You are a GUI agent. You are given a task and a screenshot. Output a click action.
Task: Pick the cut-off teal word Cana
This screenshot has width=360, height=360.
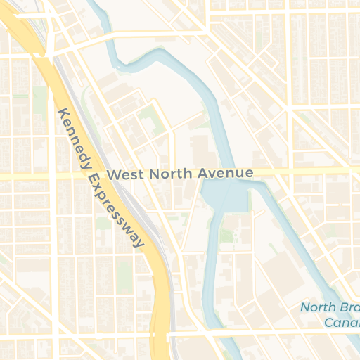(x=342, y=322)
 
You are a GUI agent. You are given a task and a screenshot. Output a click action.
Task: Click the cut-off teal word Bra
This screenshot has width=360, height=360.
(x=349, y=307)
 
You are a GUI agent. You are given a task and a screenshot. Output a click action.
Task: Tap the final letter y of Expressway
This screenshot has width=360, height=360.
(x=140, y=243)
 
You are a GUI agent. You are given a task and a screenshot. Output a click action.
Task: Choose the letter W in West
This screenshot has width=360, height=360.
(x=112, y=174)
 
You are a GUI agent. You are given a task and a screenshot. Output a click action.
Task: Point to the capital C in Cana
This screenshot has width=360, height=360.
(x=329, y=322)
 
